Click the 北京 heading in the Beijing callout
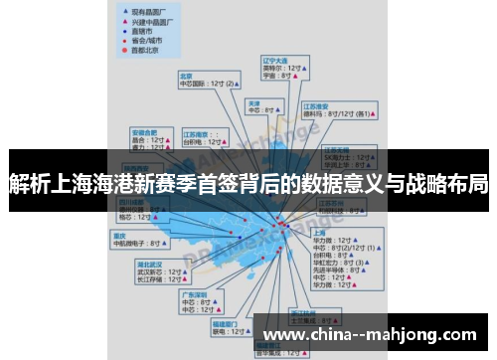tap(186, 75)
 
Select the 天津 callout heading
tap(254, 102)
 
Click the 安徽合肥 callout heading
tap(146, 131)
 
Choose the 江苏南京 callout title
tap(196, 132)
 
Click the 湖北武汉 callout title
tap(150, 264)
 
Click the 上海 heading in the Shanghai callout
tap(320, 231)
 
